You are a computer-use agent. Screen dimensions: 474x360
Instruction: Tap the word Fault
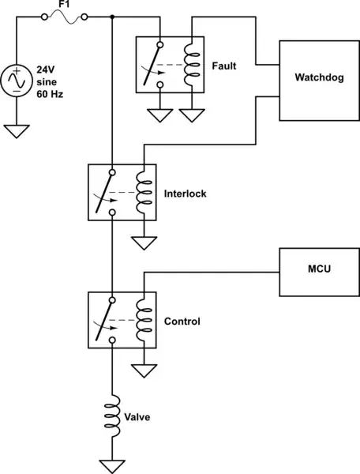(x=223, y=66)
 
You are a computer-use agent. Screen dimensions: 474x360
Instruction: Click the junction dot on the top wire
(x=113, y=17)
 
